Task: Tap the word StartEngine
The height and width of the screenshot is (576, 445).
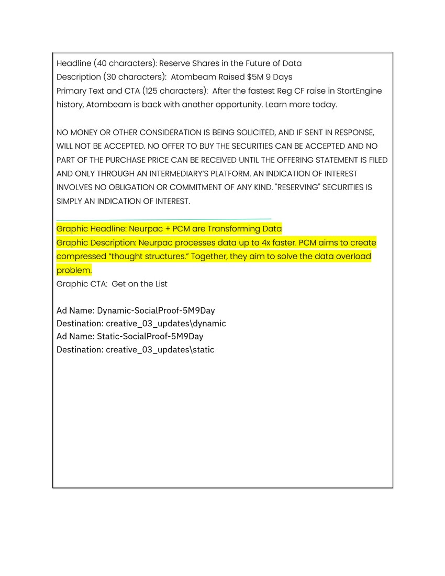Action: click(x=359, y=91)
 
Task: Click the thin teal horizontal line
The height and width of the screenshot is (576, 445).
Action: click(x=163, y=219)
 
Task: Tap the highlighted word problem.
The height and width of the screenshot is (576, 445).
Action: click(x=74, y=270)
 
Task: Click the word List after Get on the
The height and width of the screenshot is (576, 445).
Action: click(x=161, y=284)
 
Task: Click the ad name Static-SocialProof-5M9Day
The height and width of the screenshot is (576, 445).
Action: click(x=150, y=336)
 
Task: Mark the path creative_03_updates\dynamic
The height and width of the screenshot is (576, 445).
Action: click(x=166, y=324)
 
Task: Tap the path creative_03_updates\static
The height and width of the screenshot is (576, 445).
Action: click(x=160, y=349)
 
